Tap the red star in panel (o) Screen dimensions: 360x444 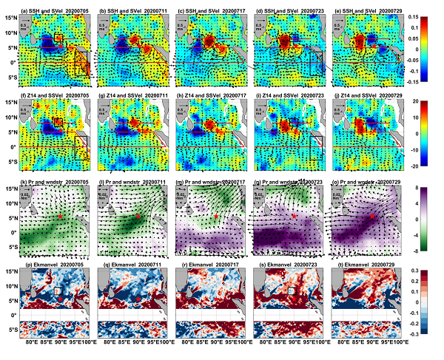(371, 217)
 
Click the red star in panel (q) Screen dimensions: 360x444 (138, 298)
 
